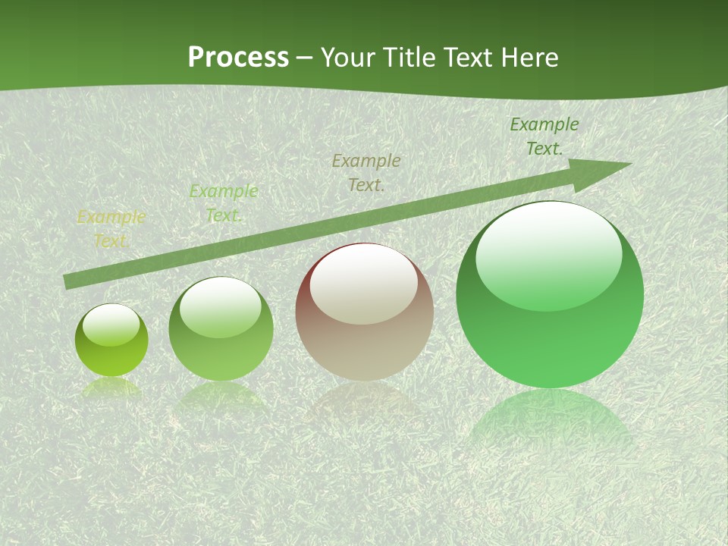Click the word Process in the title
(x=238, y=57)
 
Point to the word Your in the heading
(x=348, y=57)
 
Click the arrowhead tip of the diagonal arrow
(x=629, y=164)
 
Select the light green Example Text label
(x=223, y=203)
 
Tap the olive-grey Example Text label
(x=366, y=172)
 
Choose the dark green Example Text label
(x=544, y=136)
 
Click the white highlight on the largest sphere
(x=548, y=254)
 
